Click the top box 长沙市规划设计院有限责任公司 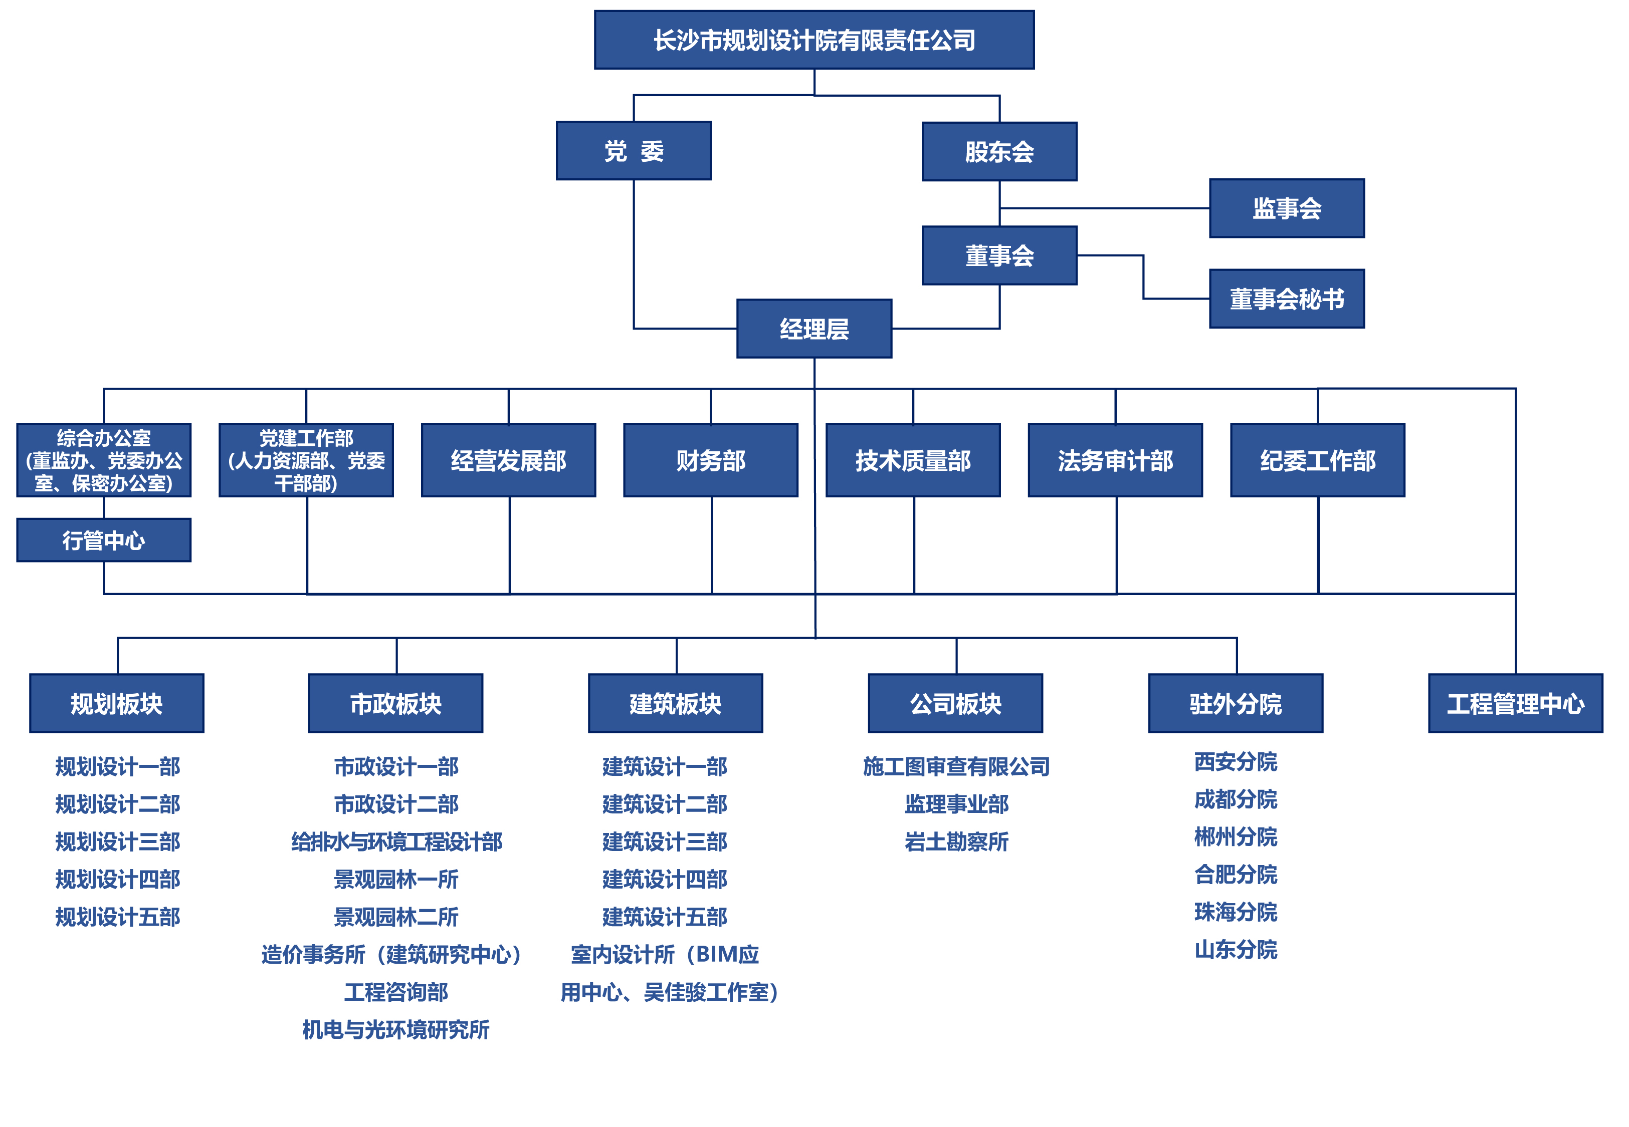(814, 40)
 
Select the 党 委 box (634, 150)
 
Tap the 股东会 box (999, 151)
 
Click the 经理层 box (814, 329)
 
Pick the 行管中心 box (104, 540)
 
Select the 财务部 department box (711, 460)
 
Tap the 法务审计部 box (1115, 460)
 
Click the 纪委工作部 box (1317, 460)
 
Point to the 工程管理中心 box (1515, 703)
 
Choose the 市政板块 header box (395, 703)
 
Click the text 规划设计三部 (117, 841)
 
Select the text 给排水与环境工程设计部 (396, 841)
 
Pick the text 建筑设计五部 (665, 917)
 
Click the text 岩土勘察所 (956, 841)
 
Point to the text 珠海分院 (1236, 912)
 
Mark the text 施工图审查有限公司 (956, 766)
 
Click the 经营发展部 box (509, 460)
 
